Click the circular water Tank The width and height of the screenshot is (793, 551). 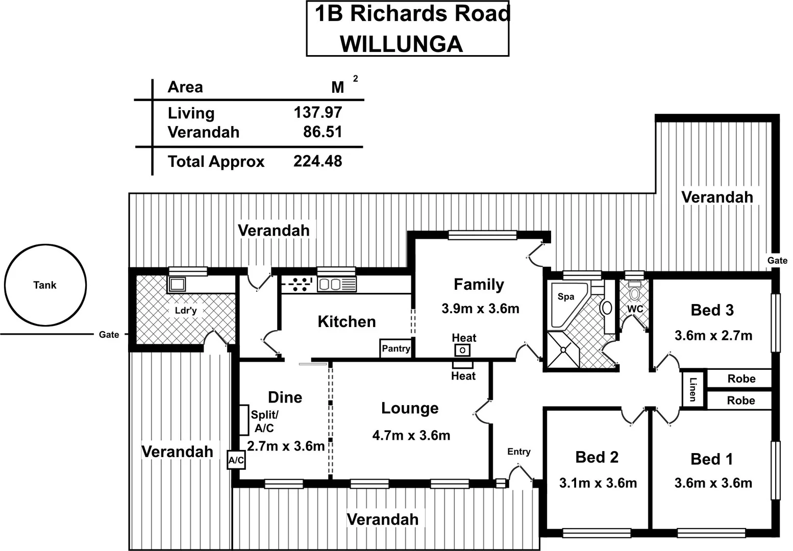coord(45,285)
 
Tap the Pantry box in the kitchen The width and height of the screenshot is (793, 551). coord(395,348)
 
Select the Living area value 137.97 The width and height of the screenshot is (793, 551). coord(317,112)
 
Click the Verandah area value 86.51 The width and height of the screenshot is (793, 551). coord(323,132)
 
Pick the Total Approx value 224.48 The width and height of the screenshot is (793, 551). coord(317,161)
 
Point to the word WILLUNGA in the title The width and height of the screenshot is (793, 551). coord(401,44)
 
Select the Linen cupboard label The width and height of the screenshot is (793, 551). coord(692,389)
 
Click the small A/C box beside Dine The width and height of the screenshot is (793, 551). coord(236,461)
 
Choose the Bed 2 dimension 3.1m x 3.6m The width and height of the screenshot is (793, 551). coord(598,483)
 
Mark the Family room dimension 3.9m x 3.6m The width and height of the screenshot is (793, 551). coord(480,308)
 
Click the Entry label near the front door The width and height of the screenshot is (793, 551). coord(518,452)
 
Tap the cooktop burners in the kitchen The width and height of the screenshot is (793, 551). coord(298,284)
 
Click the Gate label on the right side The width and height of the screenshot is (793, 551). coord(777,260)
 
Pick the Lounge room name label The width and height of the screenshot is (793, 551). coord(410,408)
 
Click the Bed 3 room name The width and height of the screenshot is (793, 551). coord(712,310)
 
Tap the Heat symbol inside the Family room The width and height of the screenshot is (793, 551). coord(462,350)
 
